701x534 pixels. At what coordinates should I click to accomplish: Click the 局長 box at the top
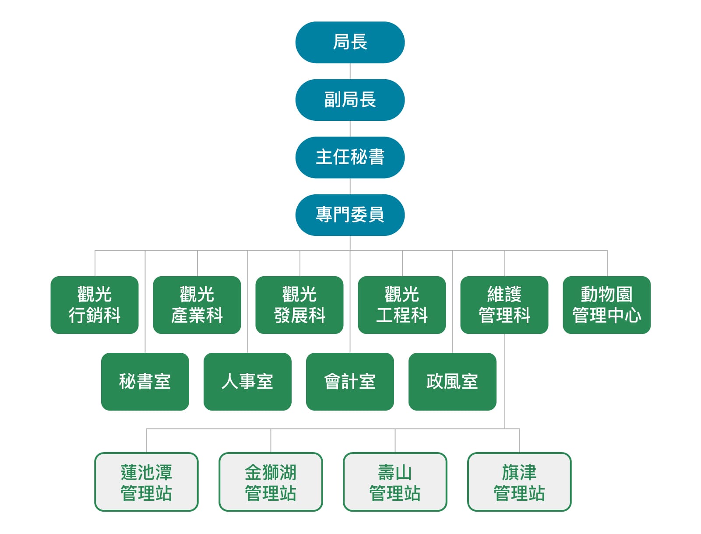coord(350,42)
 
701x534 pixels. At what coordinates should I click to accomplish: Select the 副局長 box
coord(350,100)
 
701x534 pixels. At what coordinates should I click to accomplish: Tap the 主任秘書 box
coord(350,157)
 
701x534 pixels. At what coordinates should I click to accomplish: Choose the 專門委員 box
coord(350,215)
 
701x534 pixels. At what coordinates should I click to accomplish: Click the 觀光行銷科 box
coord(95,305)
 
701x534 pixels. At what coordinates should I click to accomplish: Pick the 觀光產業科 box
coord(197,305)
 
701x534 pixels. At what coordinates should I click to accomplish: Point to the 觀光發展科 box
coord(299,305)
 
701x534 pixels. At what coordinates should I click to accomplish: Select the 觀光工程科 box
coord(402,305)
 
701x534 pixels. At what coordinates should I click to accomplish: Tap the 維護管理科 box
coord(504,305)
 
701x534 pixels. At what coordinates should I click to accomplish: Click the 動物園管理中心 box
coord(607,305)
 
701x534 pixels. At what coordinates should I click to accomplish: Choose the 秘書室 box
coord(145,381)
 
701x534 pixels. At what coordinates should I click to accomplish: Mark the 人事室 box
coord(247,381)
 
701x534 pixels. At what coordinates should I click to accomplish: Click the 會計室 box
coord(350,381)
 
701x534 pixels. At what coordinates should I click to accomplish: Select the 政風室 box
coord(452,381)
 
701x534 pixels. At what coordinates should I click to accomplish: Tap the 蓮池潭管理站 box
coord(147,482)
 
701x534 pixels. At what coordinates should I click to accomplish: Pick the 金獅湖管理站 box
coord(271,482)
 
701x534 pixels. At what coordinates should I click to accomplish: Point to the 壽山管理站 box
coord(395,482)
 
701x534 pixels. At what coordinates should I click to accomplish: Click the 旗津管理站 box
coord(519,482)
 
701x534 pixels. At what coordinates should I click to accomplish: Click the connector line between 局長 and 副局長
coord(350,71)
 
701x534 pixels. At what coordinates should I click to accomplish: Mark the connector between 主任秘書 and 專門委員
coord(350,186)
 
